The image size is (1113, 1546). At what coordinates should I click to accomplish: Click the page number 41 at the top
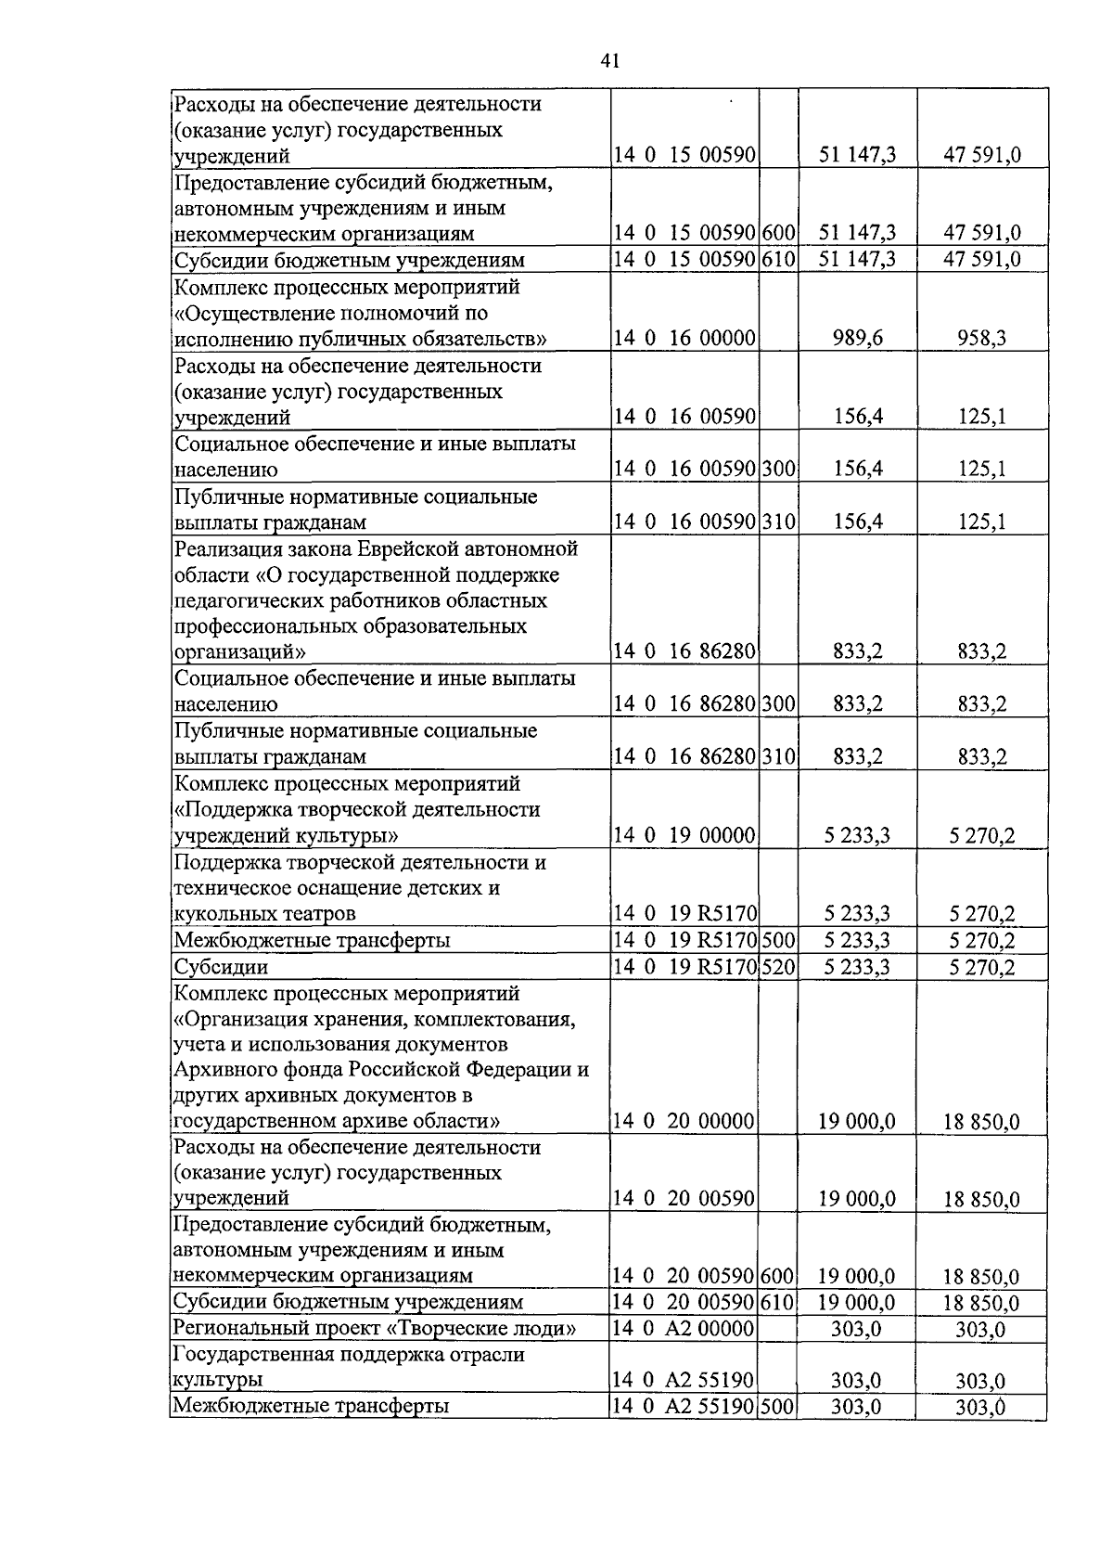(x=609, y=61)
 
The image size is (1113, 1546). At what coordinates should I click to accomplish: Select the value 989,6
(x=857, y=339)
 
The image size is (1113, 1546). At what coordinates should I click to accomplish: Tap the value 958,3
(x=981, y=339)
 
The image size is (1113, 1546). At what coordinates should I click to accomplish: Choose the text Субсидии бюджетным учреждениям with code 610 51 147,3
(x=349, y=260)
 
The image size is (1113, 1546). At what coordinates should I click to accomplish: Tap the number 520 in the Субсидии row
(x=779, y=967)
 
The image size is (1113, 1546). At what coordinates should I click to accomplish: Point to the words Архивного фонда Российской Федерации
(x=380, y=1070)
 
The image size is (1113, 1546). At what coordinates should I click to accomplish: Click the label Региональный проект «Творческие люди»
(x=375, y=1329)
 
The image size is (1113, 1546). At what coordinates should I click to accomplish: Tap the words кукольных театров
(x=265, y=914)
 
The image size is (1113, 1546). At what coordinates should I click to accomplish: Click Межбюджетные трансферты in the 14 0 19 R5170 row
(x=313, y=941)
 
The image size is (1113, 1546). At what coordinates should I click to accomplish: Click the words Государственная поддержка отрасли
(x=349, y=1355)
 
